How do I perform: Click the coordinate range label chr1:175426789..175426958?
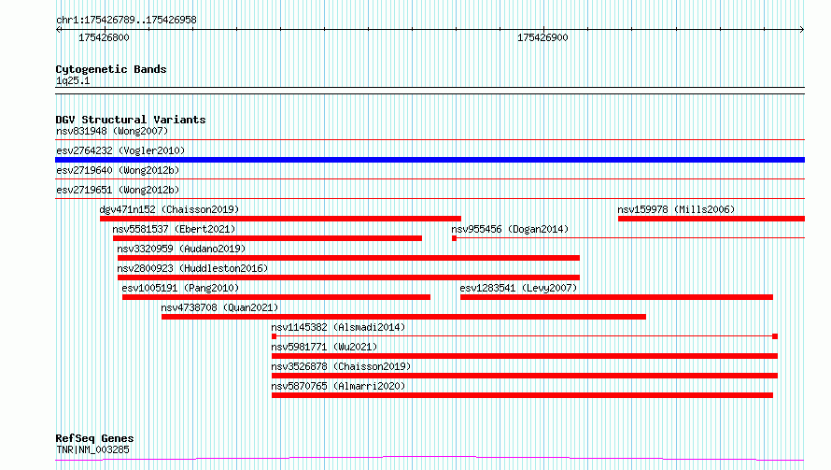click(x=126, y=20)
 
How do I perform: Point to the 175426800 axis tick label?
click(x=104, y=37)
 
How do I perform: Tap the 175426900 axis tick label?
click(x=542, y=37)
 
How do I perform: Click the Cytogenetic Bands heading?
click(x=111, y=69)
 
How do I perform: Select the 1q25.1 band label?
click(x=73, y=80)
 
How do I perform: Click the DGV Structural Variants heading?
click(x=131, y=120)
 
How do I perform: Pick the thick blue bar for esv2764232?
click(x=430, y=160)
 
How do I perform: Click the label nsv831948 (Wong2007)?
click(x=112, y=131)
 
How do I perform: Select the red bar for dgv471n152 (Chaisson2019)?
click(x=280, y=219)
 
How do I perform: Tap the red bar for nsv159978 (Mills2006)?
click(x=711, y=219)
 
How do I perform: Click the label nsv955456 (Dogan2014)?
click(x=510, y=229)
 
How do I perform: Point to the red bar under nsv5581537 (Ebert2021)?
click(x=267, y=238)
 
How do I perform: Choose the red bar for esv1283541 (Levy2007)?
click(x=616, y=297)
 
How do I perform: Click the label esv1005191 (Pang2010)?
click(x=180, y=288)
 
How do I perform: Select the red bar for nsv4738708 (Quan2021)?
click(x=403, y=317)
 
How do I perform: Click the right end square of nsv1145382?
click(x=775, y=336)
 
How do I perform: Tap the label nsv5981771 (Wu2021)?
click(x=324, y=347)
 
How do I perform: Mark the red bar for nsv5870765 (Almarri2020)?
click(x=522, y=395)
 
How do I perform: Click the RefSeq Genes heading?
click(x=94, y=438)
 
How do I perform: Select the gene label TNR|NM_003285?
click(x=92, y=449)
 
